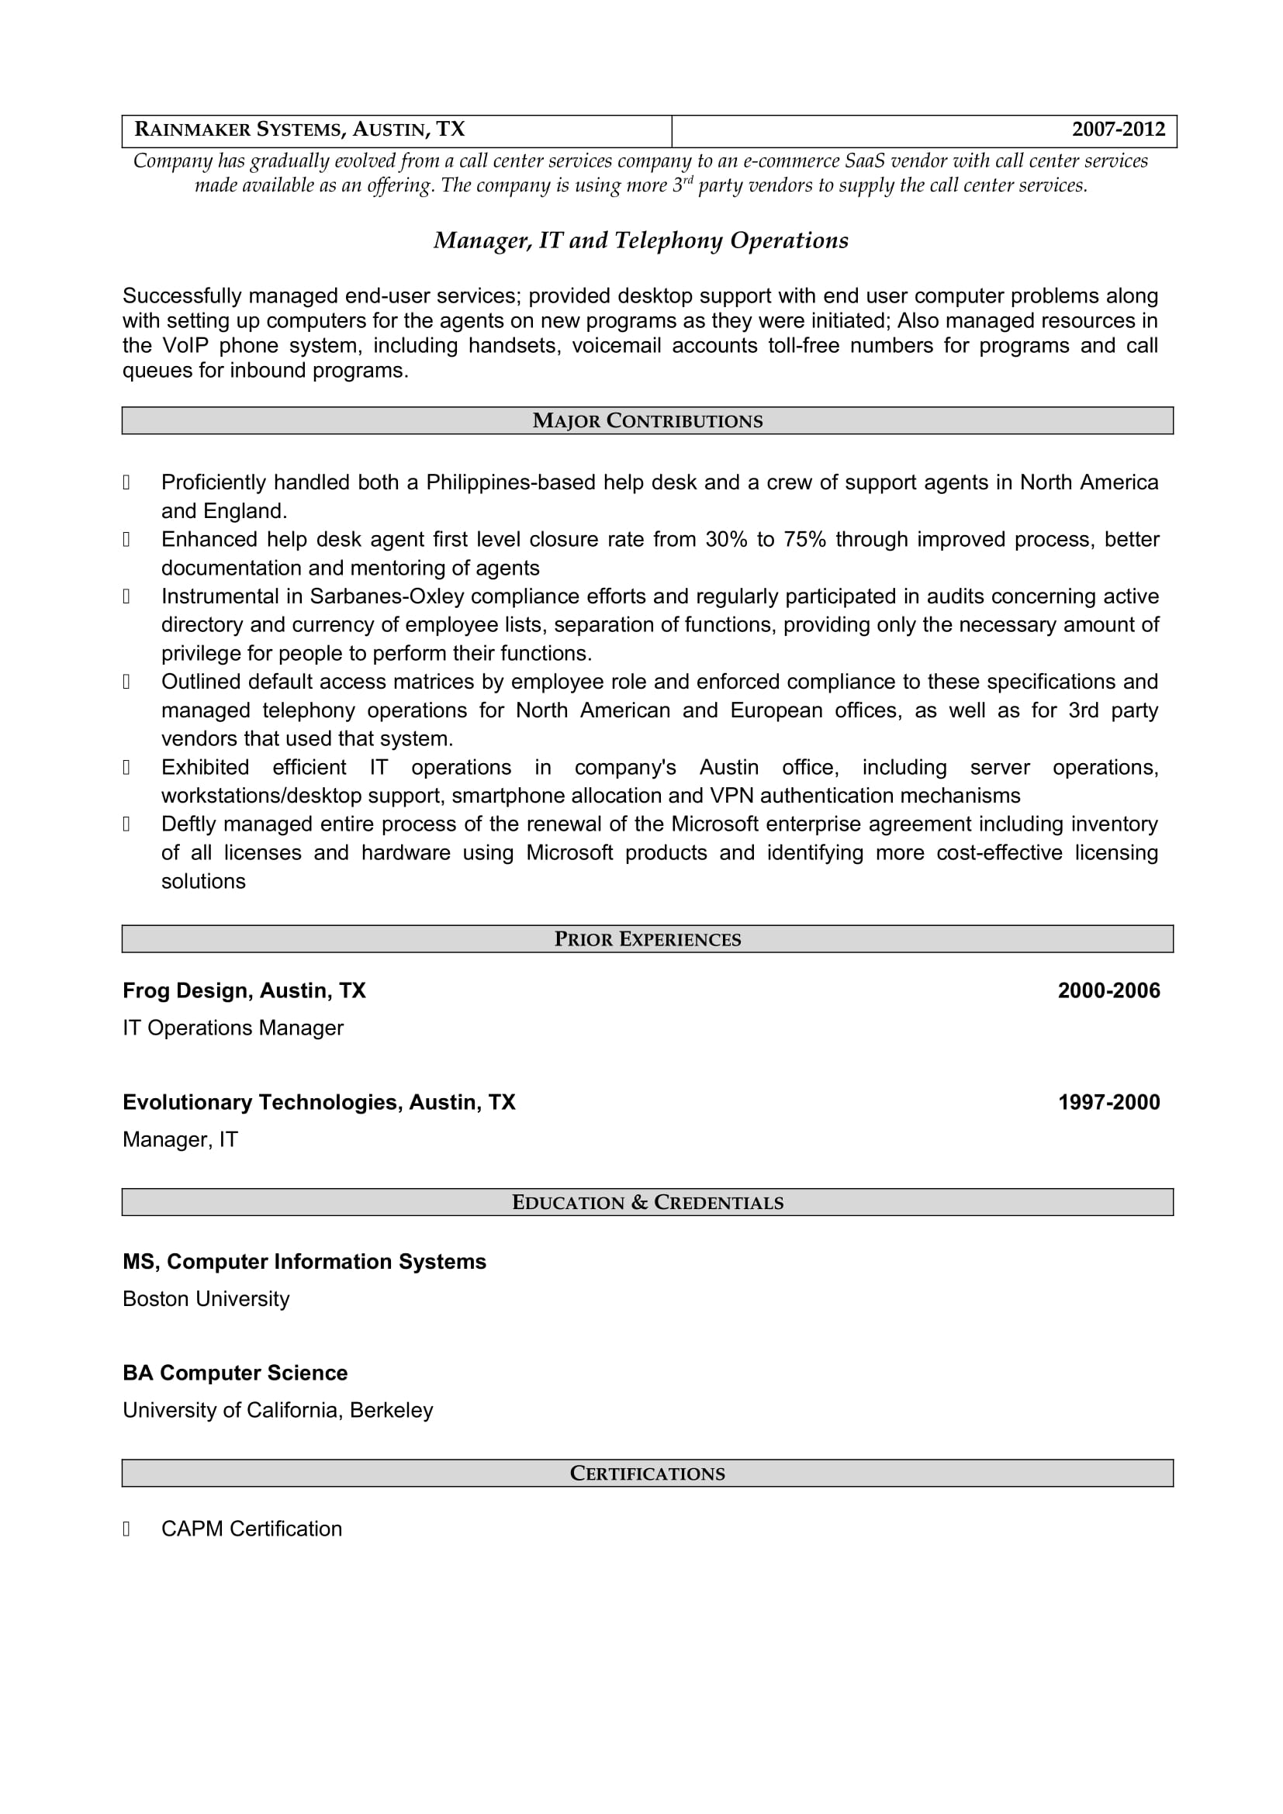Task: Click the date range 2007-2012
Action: (1118, 130)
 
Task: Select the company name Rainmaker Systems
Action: (238, 130)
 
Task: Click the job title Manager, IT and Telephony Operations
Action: (641, 241)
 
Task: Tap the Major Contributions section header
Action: (647, 421)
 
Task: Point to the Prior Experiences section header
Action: (647, 939)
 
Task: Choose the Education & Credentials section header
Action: (647, 1203)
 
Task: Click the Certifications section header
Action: (647, 1474)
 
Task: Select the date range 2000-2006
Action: (1108, 990)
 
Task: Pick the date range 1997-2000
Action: (1108, 1102)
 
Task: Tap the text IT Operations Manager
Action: (233, 1028)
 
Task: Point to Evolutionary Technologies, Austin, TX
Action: (318, 1102)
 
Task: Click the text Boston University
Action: (206, 1299)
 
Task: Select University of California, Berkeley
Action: (277, 1410)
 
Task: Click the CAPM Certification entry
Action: (251, 1529)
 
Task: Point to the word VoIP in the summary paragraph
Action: (185, 346)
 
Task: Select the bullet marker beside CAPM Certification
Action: (126, 1529)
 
